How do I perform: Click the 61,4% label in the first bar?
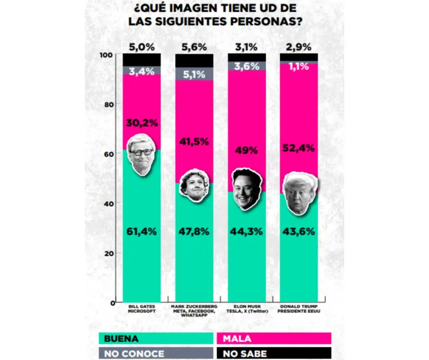pyautogui.click(x=142, y=232)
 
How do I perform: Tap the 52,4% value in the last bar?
pyautogui.click(x=298, y=148)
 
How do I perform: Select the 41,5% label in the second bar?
pyautogui.click(x=194, y=141)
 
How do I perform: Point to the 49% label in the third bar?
pyautogui.click(x=246, y=150)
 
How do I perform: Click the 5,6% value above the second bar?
pyautogui.click(x=194, y=47)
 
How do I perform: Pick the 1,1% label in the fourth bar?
pyautogui.click(x=298, y=68)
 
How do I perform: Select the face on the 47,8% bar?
pyautogui.click(x=194, y=185)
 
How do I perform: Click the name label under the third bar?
pyautogui.click(x=246, y=309)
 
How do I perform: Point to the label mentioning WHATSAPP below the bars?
pyautogui.click(x=194, y=311)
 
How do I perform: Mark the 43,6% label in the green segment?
pyautogui.click(x=298, y=232)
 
